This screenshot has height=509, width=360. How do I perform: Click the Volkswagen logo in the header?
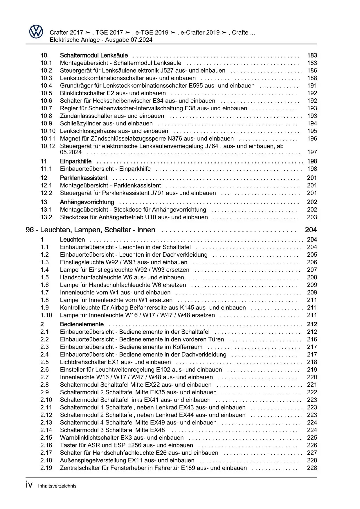(36, 32)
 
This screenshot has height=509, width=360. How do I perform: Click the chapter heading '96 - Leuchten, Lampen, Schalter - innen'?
(90, 230)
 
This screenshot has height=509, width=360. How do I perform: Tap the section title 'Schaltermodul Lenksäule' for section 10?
(94, 55)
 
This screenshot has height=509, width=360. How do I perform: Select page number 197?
(312, 152)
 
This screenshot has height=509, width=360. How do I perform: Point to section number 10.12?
(48, 146)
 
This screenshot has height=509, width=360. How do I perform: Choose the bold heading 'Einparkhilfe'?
(75, 161)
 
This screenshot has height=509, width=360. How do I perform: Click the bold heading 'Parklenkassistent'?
(84, 178)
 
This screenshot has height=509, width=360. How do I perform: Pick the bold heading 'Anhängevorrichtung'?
(87, 202)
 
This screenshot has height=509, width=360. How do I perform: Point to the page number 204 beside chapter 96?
(311, 230)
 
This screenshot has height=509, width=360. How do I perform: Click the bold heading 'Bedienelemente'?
(82, 324)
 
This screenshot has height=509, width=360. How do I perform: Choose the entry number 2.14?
(46, 430)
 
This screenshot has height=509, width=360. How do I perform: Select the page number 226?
(312, 445)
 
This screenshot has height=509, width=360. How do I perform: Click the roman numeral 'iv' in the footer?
(29, 485)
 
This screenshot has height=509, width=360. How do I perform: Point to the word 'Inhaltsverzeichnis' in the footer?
(57, 486)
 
